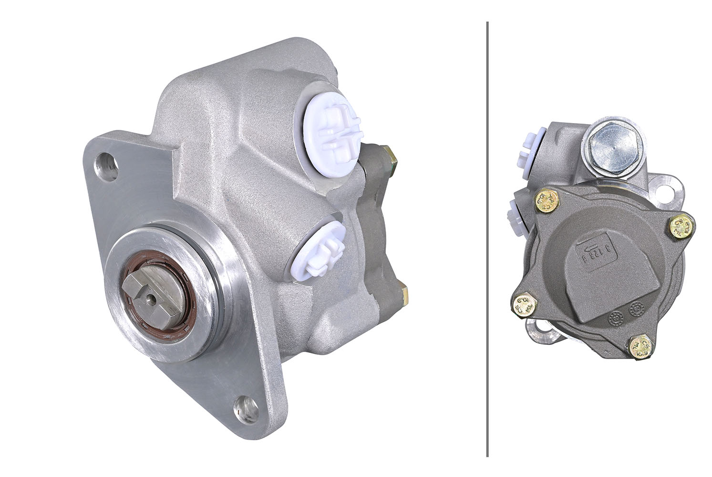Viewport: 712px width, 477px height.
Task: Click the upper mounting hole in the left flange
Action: pyautogui.click(x=106, y=166)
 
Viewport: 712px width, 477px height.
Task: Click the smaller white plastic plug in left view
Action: pyautogui.click(x=320, y=252)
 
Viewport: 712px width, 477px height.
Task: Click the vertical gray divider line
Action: pyautogui.click(x=487, y=238)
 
